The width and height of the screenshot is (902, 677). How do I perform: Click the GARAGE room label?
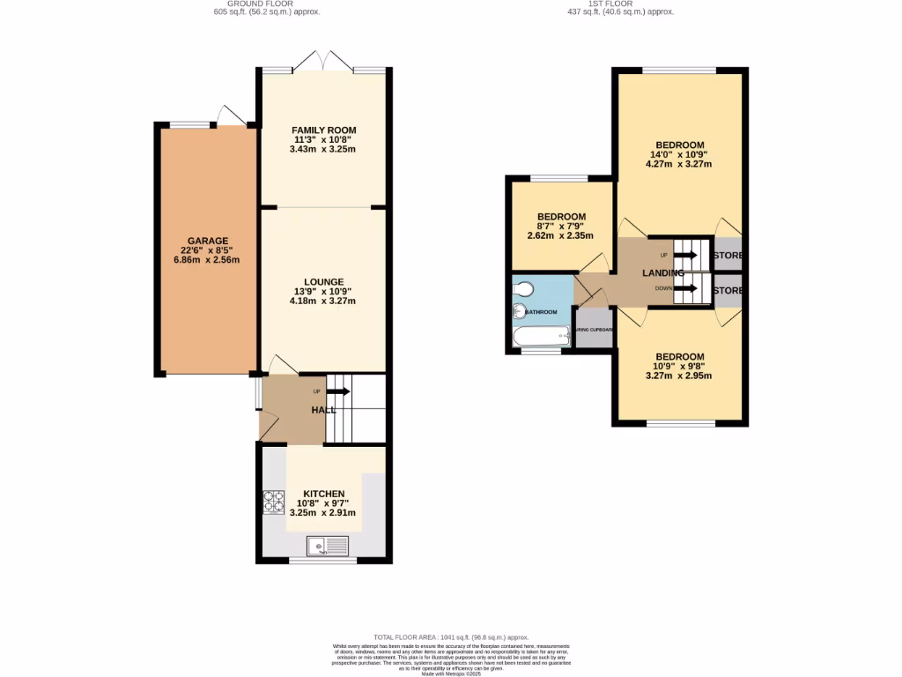coord(207,241)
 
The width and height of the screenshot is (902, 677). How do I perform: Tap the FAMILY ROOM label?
coord(323,130)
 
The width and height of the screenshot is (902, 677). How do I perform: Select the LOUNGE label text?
coord(323,282)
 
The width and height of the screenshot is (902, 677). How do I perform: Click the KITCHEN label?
coord(323,494)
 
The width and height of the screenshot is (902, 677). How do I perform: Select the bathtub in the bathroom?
coord(542,336)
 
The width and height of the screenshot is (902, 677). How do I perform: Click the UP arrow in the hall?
coord(338,391)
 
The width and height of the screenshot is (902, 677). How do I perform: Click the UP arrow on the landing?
coord(686,255)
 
